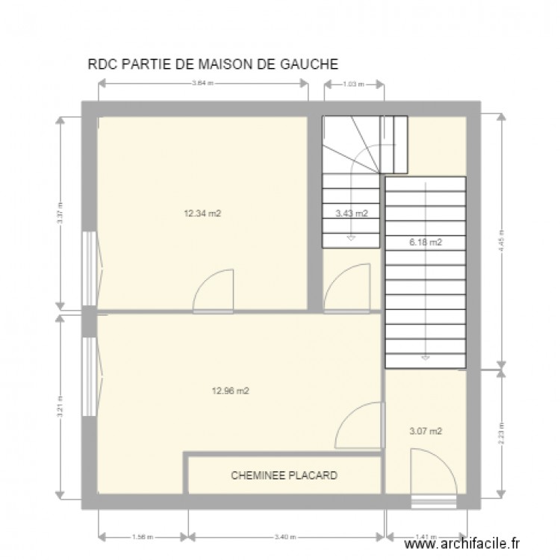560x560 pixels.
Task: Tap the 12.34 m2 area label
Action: (202, 213)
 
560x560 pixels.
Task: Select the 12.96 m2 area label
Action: (231, 390)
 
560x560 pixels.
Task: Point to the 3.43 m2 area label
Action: (352, 213)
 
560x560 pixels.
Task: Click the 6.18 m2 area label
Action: (426, 242)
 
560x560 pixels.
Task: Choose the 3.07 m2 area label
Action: (426, 431)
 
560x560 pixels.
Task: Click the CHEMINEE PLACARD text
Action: (284, 475)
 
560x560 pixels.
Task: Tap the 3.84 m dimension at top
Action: (202, 84)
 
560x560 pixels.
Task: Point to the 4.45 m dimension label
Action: (502, 240)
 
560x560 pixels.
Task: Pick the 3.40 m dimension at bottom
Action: (286, 536)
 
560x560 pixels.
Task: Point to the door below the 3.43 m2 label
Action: (348, 287)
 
